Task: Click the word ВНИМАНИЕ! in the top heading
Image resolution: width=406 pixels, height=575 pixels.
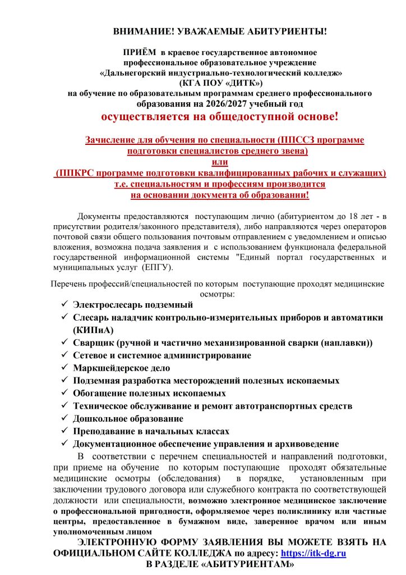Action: [x=139, y=31]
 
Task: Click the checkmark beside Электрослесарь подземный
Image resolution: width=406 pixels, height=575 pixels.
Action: [x=64, y=304]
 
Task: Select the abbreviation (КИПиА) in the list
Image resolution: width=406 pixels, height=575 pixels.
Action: [x=93, y=330]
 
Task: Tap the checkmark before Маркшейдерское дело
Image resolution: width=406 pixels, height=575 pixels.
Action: [x=64, y=368]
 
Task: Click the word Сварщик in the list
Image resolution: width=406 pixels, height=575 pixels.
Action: [x=94, y=343]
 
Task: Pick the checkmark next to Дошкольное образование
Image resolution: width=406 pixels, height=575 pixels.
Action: [x=64, y=418]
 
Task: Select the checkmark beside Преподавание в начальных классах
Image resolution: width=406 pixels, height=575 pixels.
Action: [x=64, y=431]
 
